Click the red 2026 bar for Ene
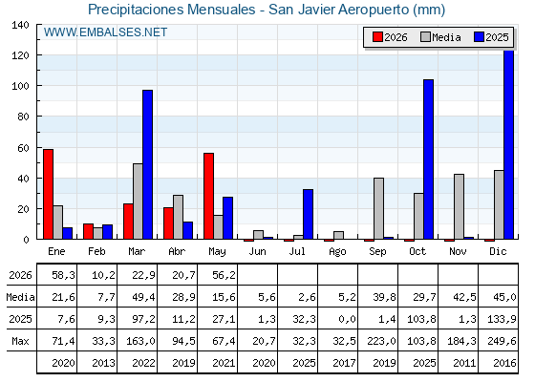coord(48,194)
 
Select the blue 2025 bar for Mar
coord(148,164)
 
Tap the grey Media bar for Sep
coord(378,208)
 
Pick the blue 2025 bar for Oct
coord(429,159)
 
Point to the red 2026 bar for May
coord(209,196)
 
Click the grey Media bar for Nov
coord(459,206)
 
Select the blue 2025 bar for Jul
coord(308,214)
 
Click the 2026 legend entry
coord(390,37)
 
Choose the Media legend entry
coord(440,37)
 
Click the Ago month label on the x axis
coord(337,252)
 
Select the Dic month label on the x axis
coord(498,251)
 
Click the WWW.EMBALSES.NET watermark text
coord(105,32)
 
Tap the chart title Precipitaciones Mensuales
coord(172,10)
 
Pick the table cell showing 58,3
coord(63,275)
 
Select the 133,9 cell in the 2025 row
coord(502,319)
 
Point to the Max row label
coord(20,341)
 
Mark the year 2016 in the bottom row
coord(504,363)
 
